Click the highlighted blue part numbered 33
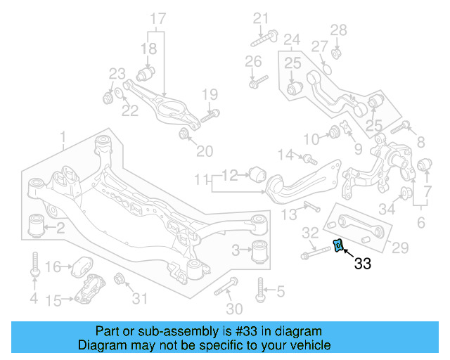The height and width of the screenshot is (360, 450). (338, 245)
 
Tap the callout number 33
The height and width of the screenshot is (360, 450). (363, 264)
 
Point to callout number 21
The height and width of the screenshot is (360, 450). (262, 18)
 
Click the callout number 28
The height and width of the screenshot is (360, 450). (339, 30)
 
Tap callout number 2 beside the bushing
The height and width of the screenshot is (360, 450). (61, 227)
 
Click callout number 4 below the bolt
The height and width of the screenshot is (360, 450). (33, 300)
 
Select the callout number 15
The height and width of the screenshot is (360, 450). (54, 300)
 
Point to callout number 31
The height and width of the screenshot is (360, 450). (141, 299)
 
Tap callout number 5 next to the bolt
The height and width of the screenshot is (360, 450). (281, 290)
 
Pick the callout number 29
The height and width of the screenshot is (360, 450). (399, 247)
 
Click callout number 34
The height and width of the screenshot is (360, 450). (387, 208)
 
